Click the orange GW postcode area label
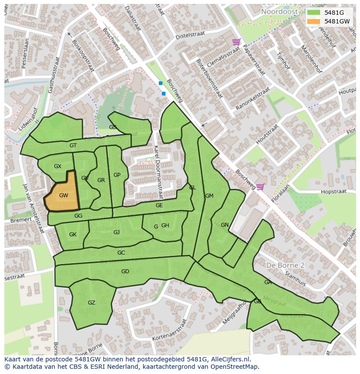click(x=63, y=195)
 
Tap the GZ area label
click(x=91, y=303)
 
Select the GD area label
click(x=125, y=271)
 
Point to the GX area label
click(x=57, y=166)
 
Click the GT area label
click(x=73, y=146)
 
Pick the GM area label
click(x=209, y=196)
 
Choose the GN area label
click(x=224, y=225)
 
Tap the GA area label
click(x=268, y=282)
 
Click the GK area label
click(x=73, y=235)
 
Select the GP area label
click(x=117, y=175)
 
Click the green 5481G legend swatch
click(x=313, y=13)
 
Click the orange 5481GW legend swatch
click(x=313, y=21)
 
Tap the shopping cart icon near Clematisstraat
click(x=236, y=42)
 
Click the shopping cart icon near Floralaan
click(x=260, y=187)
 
